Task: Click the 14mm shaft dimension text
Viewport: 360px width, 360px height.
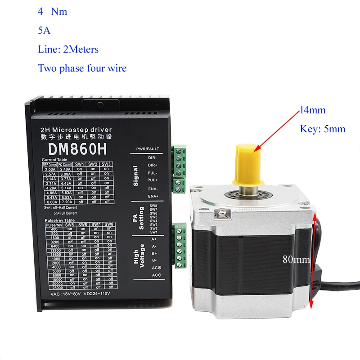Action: click(x=312, y=110)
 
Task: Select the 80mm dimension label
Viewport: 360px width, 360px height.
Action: click(x=296, y=259)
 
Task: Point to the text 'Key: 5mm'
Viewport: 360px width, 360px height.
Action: click(x=323, y=129)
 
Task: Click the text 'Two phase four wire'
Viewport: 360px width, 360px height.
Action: click(x=82, y=68)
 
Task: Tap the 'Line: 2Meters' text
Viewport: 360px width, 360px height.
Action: click(x=68, y=49)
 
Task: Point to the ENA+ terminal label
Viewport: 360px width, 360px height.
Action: click(x=153, y=196)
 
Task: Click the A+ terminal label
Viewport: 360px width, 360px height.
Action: click(x=154, y=239)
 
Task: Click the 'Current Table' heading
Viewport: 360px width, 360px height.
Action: click(x=56, y=160)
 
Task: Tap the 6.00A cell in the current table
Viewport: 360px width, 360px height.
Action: click(x=49, y=203)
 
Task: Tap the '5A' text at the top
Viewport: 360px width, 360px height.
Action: click(x=44, y=31)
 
